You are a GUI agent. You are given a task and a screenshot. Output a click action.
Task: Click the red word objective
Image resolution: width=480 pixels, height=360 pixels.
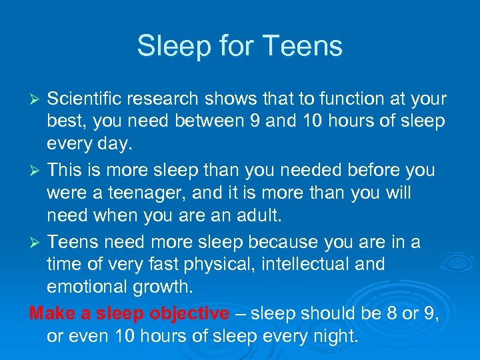point(189,313)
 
